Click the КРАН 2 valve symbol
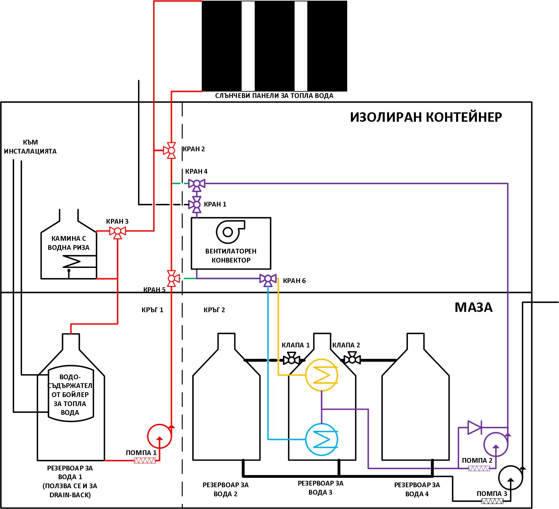click(171, 150)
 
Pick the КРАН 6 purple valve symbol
click(268, 279)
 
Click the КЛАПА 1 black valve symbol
click(292, 359)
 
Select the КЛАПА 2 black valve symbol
click(352, 359)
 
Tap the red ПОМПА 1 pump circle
click(160, 436)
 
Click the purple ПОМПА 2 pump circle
click(496, 444)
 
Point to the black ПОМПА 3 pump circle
click(511, 477)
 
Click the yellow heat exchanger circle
click(322, 375)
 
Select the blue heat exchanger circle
click(322, 439)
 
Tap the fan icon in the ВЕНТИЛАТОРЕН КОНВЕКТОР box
click(230, 231)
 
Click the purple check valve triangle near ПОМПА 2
click(475, 428)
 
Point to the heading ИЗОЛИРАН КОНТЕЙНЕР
click(426, 117)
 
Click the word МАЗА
click(474, 307)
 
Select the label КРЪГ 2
click(214, 310)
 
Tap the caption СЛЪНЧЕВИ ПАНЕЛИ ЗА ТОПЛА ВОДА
click(274, 96)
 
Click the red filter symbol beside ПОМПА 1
click(145, 461)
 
